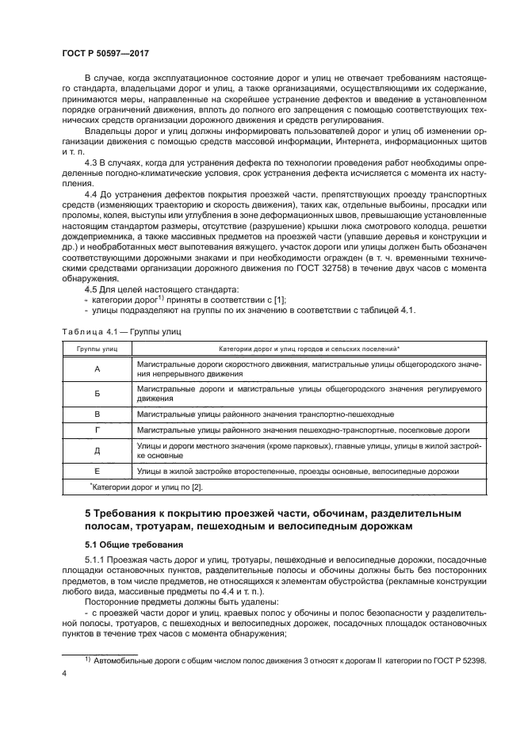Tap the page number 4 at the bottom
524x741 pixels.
[64, 674]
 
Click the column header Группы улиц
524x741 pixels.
[97, 349]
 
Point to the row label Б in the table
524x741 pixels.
[97, 394]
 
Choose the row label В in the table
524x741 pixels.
[97, 414]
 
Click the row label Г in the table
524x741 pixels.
[97, 430]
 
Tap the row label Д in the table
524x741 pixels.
[97, 451]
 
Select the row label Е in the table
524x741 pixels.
[97, 471]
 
